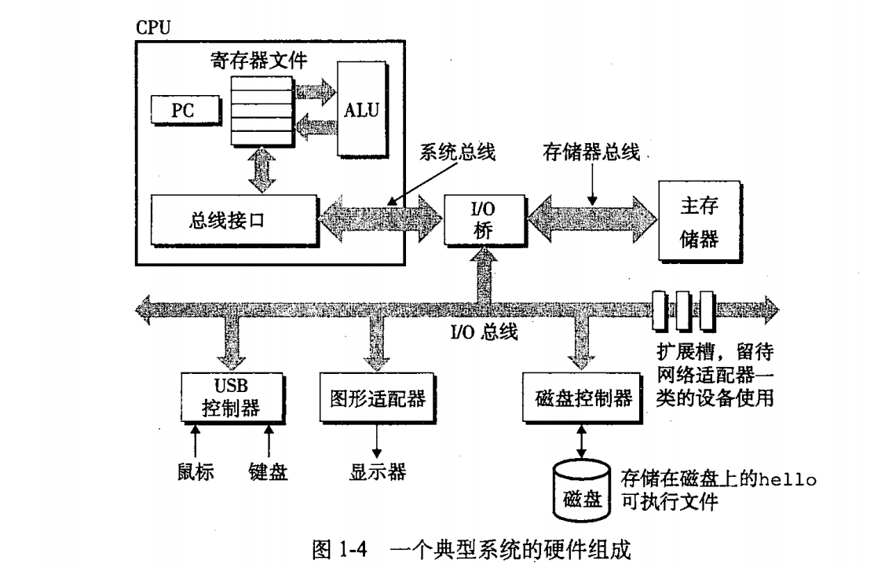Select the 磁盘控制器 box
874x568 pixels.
[x=577, y=398]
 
